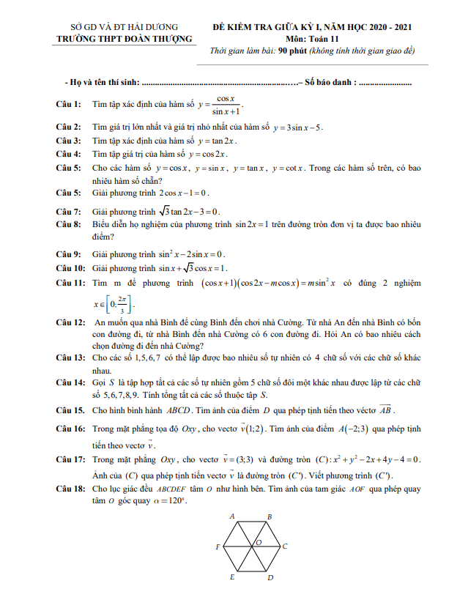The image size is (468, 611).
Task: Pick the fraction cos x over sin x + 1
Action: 220,105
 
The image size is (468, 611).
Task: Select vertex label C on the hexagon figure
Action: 284,547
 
